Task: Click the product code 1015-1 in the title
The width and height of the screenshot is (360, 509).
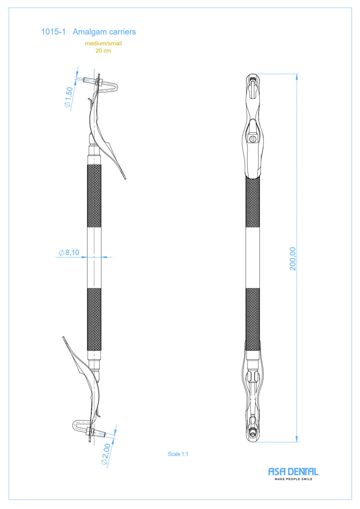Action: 53,32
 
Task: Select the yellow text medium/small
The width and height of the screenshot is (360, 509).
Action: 103,43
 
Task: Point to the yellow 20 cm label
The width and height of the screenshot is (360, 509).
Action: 103,50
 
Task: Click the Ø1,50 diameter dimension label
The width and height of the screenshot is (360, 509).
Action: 69,97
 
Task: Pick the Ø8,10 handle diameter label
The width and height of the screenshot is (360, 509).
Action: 69,252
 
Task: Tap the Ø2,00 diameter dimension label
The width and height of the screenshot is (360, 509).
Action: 106,454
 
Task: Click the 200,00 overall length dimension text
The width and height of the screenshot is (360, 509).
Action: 292,259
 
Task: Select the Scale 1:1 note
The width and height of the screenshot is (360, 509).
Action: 178,454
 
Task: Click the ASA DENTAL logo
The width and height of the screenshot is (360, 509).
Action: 293,472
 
